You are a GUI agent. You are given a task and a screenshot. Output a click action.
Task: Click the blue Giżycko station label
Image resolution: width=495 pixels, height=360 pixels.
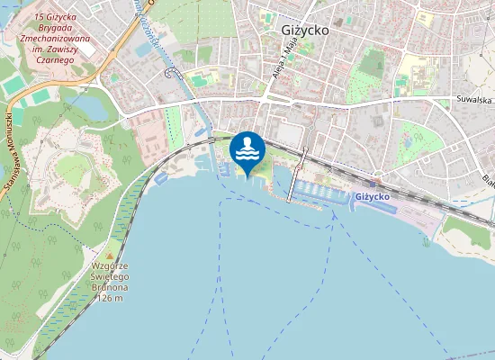pos(372,196)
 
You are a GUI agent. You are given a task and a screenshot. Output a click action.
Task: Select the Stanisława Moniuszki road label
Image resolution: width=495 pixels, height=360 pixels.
pos(12,144)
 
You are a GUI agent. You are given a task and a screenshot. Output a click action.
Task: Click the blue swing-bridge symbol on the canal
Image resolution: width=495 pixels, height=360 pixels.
pos(168,85)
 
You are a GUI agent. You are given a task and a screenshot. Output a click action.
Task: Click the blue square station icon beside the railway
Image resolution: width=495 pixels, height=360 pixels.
pos(371,184)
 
